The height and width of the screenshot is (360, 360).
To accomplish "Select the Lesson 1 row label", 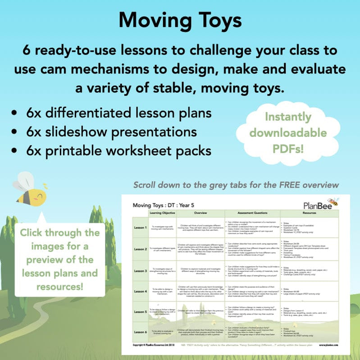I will pyautogui.click(x=140, y=228).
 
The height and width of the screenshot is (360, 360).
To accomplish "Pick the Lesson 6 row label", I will pyautogui.click(x=140, y=332).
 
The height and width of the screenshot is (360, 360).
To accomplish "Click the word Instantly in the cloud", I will pyautogui.click(x=288, y=117).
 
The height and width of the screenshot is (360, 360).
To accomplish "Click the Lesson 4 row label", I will pyautogui.click(x=140, y=291).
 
